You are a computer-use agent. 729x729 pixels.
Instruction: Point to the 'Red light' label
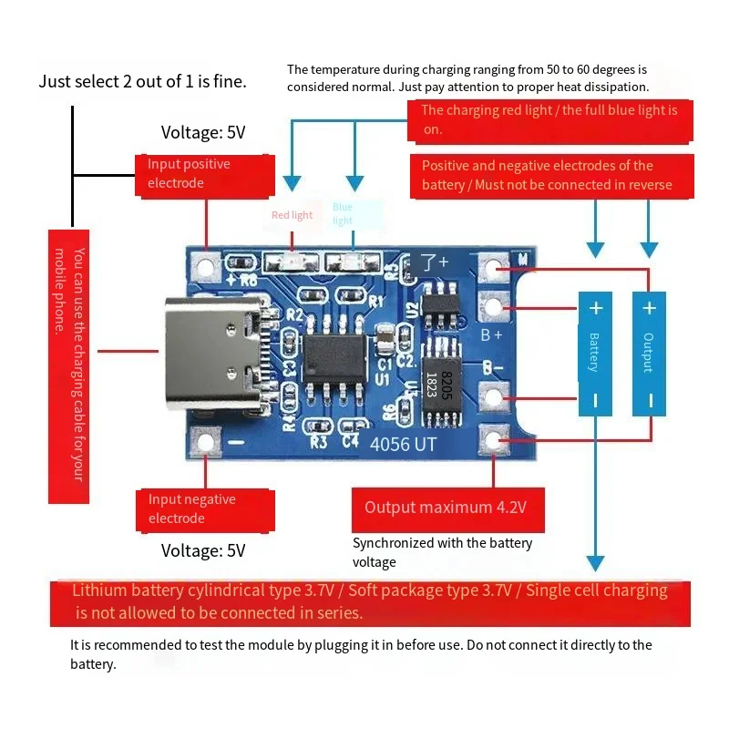[x=292, y=215]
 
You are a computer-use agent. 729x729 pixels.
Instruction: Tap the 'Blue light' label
[x=343, y=214]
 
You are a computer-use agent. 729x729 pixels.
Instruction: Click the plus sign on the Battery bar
[x=595, y=308]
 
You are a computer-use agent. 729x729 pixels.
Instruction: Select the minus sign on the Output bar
[x=649, y=399]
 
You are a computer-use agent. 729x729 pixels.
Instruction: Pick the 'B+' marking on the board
[x=492, y=334]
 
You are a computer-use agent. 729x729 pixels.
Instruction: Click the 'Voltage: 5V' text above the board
[x=203, y=132]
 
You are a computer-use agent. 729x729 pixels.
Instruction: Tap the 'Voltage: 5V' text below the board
[x=203, y=550]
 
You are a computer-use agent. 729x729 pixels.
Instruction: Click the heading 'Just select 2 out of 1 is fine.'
[x=142, y=81]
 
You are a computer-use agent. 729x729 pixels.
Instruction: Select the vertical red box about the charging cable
[x=68, y=364]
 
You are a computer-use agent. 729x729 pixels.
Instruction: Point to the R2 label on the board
[x=294, y=315]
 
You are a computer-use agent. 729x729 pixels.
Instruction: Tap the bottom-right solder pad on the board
[x=495, y=442]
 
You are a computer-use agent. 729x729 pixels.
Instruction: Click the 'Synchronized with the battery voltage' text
[x=442, y=552]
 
